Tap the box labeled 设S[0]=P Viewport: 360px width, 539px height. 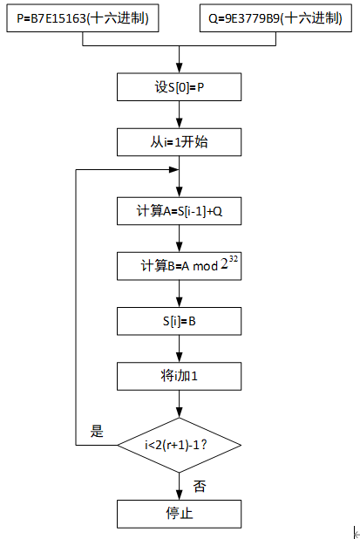pyautogui.click(x=179, y=87)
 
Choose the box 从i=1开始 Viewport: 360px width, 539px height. pyautogui.click(x=179, y=141)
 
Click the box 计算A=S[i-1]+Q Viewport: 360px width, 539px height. pyautogui.click(x=179, y=211)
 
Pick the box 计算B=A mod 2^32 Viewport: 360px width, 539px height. pyautogui.click(x=179, y=265)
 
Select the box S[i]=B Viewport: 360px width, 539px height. pyautogui.click(x=179, y=320)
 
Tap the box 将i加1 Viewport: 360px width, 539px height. pyautogui.click(x=179, y=376)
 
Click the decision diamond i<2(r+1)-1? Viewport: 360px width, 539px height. pyautogui.click(x=179, y=445)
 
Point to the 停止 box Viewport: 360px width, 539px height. pyautogui.click(x=179, y=513)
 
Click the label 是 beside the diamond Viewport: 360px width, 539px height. pyautogui.click(x=97, y=430)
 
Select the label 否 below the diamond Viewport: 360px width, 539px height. pyautogui.click(x=200, y=486)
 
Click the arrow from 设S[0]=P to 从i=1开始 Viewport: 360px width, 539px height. pyautogui.click(x=179, y=114)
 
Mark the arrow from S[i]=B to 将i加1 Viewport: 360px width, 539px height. pyautogui.click(x=179, y=348)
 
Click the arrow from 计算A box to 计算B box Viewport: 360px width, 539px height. pyautogui.click(x=179, y=238)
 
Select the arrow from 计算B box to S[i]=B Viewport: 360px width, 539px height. pyautogui.click(x=179, y=293)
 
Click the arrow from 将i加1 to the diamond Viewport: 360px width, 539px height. pyautogui.click(x=179, y=403)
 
